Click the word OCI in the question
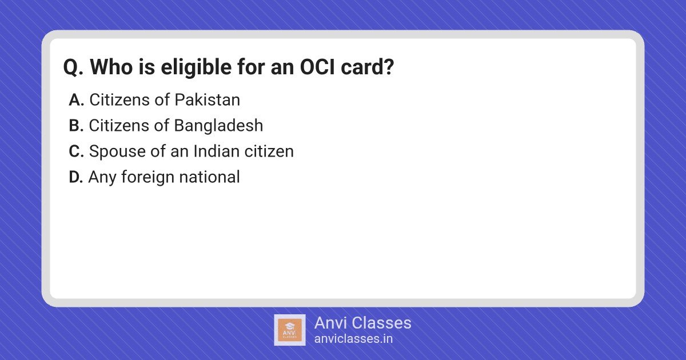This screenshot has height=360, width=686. pos(317,67)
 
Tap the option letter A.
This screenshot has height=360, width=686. pos(76,100)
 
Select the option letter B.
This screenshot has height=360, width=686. pos(76,126)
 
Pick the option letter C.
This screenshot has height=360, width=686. pos(76,151)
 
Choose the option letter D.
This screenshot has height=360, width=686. pos(76,177)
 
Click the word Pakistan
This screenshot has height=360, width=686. pos(208,100)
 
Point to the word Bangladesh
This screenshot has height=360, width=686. pos(218,126)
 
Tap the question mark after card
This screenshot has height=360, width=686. pos(389,67)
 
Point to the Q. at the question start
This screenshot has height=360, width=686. pos(73,67)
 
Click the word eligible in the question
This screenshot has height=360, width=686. pos(196,67)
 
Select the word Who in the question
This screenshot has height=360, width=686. pos(111,67)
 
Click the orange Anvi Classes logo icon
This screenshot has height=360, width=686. pos(290,330)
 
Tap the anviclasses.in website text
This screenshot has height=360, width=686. pos(353,339)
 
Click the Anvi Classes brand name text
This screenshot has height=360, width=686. pos(363,323)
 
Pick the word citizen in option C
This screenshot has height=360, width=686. pos(269,151)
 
